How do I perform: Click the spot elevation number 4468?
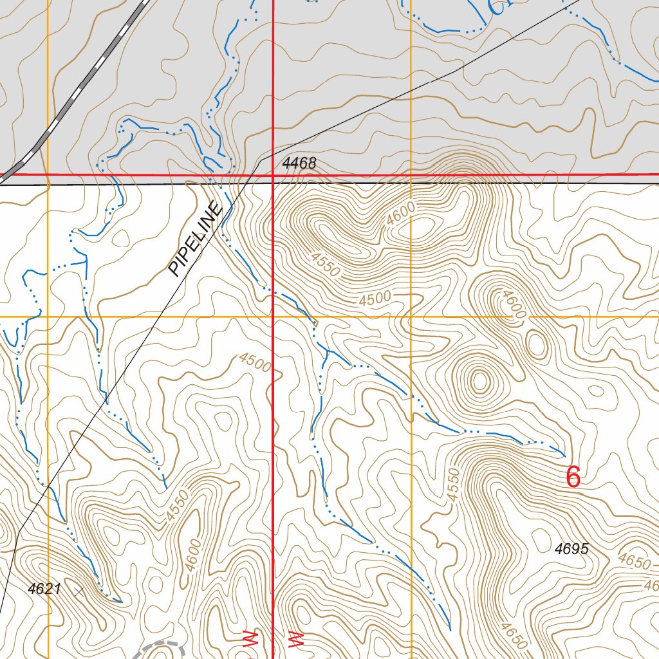[299, 163]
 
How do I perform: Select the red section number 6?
[573, 478]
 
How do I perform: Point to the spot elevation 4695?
[571, 549]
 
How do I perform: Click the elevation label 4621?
[44, 588]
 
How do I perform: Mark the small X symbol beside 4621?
[79, 591]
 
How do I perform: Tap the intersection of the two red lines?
[274, 174]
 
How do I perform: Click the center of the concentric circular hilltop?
[479, 380]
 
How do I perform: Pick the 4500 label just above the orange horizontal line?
[375, 298]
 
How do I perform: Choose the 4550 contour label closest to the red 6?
[454, 485]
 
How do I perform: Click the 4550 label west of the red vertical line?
[177, 505]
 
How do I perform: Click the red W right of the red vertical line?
[295, 640]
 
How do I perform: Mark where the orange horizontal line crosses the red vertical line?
[274, 317]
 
